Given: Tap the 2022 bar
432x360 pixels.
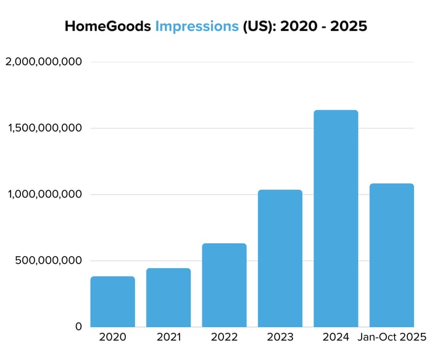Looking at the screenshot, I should tap(224, 285).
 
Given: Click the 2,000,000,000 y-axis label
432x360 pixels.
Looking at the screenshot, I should tap(43, 62).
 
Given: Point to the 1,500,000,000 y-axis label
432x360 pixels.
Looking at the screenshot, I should tap(43, 128).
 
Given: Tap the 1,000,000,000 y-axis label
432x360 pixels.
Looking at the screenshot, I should tap(43, 195).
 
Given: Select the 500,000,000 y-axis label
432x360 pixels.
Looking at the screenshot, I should tap(48, 261).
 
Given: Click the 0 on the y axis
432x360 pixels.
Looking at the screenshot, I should tap(78, 326).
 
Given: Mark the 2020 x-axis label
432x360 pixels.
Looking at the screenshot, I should tap(112, 338).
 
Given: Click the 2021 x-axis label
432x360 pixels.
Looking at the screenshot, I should tap(168, 338).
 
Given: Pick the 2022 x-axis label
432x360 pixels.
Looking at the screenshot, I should tap(224, 338).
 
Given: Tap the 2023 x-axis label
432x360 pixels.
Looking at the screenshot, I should tap(280, 338).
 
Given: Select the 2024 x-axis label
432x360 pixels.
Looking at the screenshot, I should tap(336, 338).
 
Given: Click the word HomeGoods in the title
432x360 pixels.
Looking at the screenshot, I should tap(107, 27).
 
